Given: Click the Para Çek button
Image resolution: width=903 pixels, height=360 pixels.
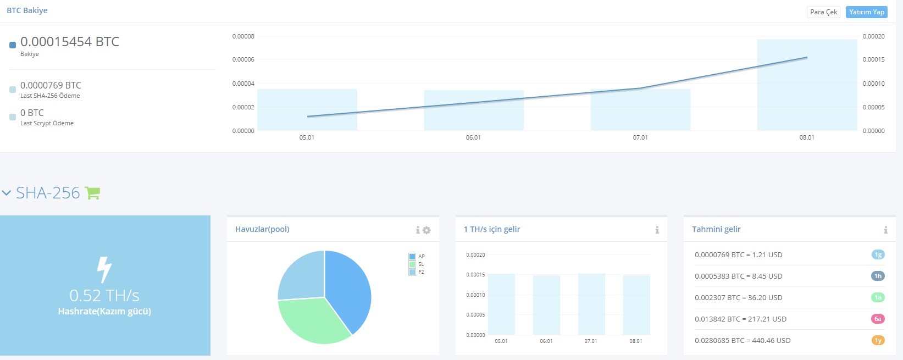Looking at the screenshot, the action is point(823,12).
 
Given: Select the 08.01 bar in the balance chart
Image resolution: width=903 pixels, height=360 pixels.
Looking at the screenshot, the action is point(807,85).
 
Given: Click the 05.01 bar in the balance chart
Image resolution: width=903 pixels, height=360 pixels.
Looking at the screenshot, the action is point(307,110).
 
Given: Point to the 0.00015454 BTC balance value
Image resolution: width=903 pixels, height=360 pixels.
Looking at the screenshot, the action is point(70,42).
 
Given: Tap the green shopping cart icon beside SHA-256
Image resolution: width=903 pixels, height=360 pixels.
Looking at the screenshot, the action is point(92,193).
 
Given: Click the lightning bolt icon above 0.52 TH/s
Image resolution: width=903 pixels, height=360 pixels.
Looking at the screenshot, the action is point(104,270).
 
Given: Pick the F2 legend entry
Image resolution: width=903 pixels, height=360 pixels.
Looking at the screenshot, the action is point(417,272).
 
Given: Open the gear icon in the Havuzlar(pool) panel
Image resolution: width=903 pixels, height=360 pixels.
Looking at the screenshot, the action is point(426,230).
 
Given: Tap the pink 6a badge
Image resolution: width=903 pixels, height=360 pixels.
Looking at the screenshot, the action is point(878,319).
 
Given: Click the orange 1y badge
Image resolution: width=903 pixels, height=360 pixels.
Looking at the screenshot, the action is point(878,340).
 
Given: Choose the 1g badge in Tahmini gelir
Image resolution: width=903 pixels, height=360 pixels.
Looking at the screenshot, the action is point(878,254).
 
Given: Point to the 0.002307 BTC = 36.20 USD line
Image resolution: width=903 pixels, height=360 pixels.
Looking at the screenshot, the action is point(739,297).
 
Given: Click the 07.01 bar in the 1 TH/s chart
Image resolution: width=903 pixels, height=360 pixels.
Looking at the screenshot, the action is point(591,304).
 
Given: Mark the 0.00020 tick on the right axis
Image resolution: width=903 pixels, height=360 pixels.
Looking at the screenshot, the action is point(873,36).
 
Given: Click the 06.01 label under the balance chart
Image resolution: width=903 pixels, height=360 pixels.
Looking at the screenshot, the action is point(473,137).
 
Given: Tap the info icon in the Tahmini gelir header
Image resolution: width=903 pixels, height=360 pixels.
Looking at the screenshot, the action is point(885,230).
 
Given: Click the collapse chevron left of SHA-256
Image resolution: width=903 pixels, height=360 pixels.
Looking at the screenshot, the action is point(6,193).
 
